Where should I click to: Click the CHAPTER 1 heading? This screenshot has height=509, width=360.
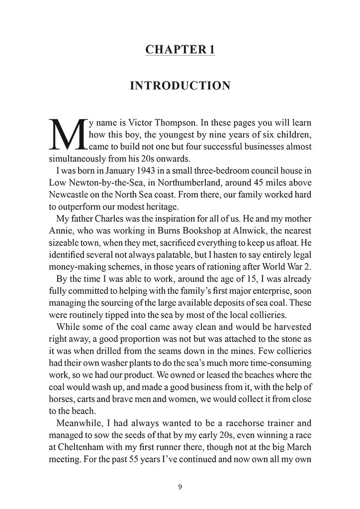(180, 49)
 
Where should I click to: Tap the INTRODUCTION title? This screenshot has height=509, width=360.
(180, 86)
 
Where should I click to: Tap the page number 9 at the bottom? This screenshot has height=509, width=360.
(180, 487)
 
